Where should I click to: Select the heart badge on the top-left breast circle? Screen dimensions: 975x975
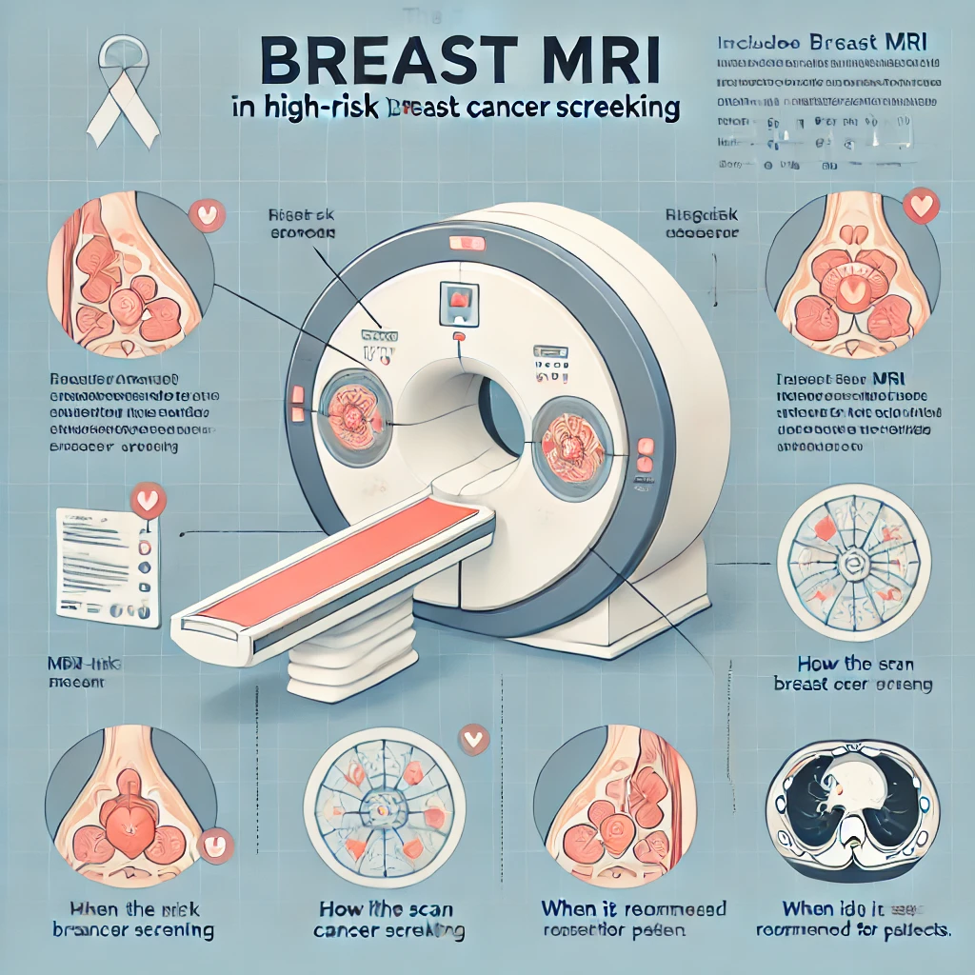tap(205, 215)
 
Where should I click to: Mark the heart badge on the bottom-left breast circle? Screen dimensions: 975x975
tap(217, 844)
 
